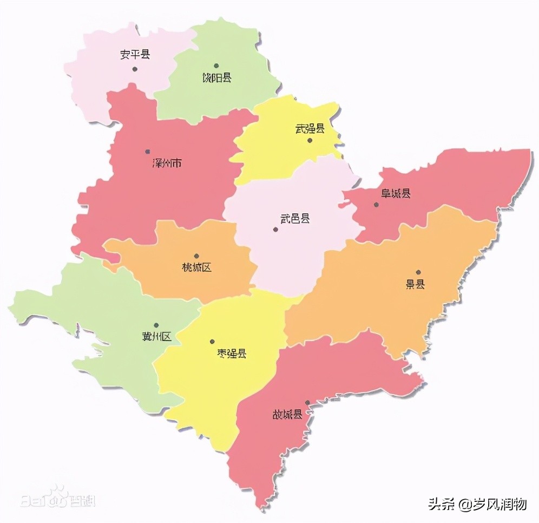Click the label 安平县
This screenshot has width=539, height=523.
tap(135, 55)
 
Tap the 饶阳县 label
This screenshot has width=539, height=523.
tap(216, 78)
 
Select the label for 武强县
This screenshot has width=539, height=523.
tap(310, 129)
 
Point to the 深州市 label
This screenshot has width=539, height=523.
tap(167, 163)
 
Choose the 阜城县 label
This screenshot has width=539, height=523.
tap(396, 193)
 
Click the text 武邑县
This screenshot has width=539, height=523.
tap(295, 219)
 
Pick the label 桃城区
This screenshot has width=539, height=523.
tap(197, 267)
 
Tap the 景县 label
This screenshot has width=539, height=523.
tap(416, 284)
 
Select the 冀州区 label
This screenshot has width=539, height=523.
tap(156, 337)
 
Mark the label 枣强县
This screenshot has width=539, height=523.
tap(229, 354)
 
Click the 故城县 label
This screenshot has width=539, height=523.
tap(287, 415)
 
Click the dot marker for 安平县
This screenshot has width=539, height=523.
tap(135, 69)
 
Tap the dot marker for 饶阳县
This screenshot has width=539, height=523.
tap(216, 66)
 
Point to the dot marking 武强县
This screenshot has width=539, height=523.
tap(310, 141)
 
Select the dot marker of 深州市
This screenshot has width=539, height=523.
tap(147, 152)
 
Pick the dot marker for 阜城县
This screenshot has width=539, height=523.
tap(376, 205)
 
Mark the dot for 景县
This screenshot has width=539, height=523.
tap(418, 272)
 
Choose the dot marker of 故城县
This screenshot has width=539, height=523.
tap(307, 403)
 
